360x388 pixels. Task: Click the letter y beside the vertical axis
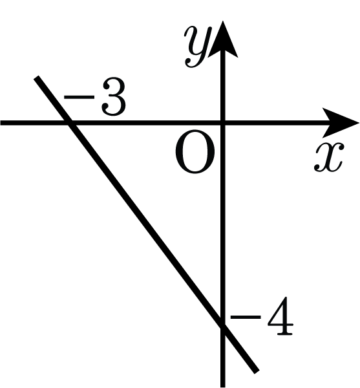pos(198,47)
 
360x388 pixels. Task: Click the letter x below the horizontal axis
pos(329,157)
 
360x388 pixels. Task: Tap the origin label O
pos(195,152)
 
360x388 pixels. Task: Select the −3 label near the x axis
pos(95,98)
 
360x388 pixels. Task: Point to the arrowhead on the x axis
pos(341,123)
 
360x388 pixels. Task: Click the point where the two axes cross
pos(223,123)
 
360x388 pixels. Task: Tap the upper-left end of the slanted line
pos(36,78)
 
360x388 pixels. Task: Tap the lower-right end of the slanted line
pos(257,372)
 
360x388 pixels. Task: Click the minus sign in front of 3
pos(79,97)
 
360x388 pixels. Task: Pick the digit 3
pos(114,98)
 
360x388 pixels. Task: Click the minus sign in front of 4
pos(246,317)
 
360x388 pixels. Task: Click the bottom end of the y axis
pos(223,387)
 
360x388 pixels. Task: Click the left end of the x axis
pos(1,123)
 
